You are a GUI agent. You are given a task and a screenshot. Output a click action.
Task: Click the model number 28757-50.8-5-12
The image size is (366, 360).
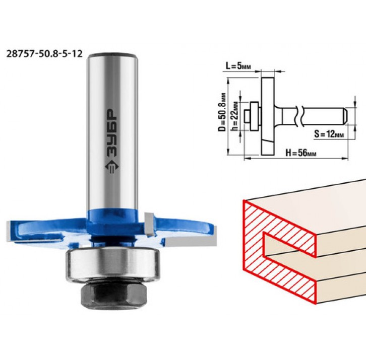tap(44, 54)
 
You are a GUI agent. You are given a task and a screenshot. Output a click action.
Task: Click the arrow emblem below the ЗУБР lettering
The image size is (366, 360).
tap(112, 167)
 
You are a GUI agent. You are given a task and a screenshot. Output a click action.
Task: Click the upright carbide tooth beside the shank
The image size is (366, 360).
tap(149, 224)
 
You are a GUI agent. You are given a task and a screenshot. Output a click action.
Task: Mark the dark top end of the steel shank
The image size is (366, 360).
tap(112, 55)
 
